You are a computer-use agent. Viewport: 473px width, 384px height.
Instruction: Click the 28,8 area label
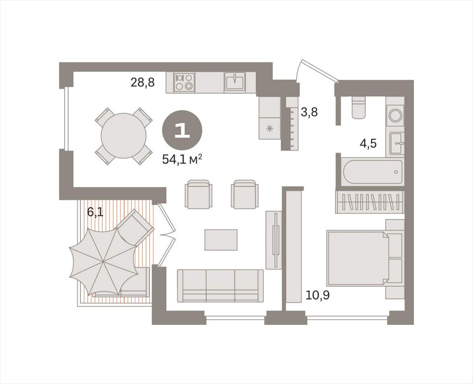(x=142, y=82)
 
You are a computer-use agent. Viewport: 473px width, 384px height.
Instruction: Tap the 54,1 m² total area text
(x=182, y=159)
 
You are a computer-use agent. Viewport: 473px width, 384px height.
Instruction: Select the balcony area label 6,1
(x=95, y=212)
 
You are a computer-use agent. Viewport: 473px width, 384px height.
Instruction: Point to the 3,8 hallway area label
(x=309, y=113)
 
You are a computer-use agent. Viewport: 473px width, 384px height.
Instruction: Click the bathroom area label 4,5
(x=368, y=143)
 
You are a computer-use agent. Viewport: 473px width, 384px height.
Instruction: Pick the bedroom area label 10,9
(x=318, y=295)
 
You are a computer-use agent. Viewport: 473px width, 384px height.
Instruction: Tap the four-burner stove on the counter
(x=184, y=82)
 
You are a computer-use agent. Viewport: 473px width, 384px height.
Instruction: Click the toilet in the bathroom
(x=358, y=108)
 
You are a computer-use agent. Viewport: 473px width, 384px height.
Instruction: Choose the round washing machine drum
(x=395, y=116)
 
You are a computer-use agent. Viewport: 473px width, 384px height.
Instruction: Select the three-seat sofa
(x=220, y=286)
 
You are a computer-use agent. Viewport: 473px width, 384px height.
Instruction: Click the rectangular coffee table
(x=221, y=240)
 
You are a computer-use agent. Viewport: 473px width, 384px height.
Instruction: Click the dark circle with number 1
(x=182, y=130)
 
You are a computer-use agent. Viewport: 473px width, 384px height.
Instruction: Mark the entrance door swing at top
(x=317, y=69)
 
